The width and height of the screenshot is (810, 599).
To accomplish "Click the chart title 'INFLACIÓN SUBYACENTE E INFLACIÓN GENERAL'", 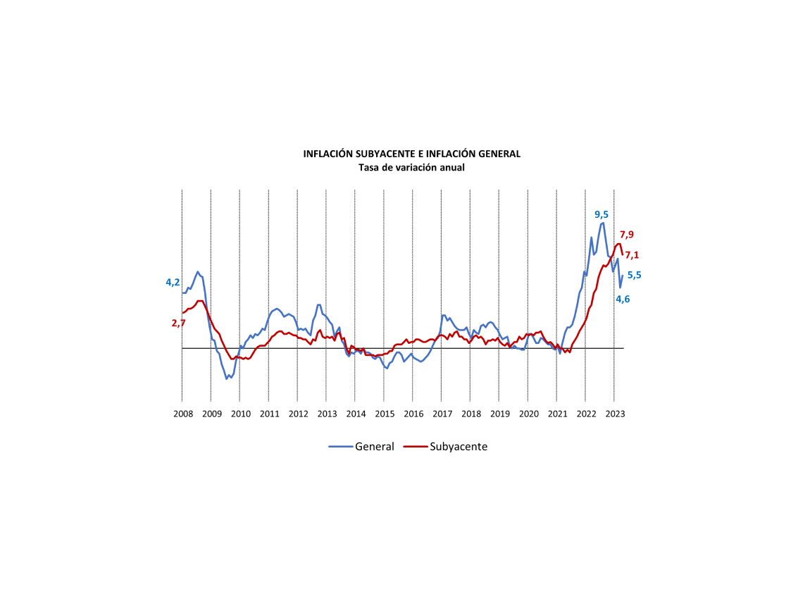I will click(x=411, y=154).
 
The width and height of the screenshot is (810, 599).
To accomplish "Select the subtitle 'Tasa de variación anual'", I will click(x=411, y=168).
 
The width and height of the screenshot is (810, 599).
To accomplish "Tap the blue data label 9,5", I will click(x=602, y=215).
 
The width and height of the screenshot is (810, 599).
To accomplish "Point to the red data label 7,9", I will click(x=627, y=235).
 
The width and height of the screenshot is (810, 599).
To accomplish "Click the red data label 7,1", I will click(x=632, y=255).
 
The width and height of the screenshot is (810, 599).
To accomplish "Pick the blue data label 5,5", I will click(x=634, y=276).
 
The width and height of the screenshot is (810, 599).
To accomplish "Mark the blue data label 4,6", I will click(x=623, y=299).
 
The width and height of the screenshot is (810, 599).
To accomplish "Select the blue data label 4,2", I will click(x=173, y=283).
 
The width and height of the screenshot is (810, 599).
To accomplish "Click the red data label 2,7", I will click(x=178, y=323).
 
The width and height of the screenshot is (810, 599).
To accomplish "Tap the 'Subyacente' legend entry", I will click(x=458, y=446).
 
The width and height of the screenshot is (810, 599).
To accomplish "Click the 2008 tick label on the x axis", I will click(x=182, y=414).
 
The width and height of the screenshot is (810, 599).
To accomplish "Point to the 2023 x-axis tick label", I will click(x=614, y=414).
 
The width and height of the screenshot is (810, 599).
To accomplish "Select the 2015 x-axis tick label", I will click(x=384, y=414).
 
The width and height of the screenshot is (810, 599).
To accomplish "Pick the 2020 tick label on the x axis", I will click(x=528, y=414).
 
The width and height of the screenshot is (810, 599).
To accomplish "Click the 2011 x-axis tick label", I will click(x=269, y=414).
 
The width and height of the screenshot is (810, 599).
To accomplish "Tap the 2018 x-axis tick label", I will click(x=471, y=414).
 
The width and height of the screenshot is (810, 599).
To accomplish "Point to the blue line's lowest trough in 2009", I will click(x=227, y=378).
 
